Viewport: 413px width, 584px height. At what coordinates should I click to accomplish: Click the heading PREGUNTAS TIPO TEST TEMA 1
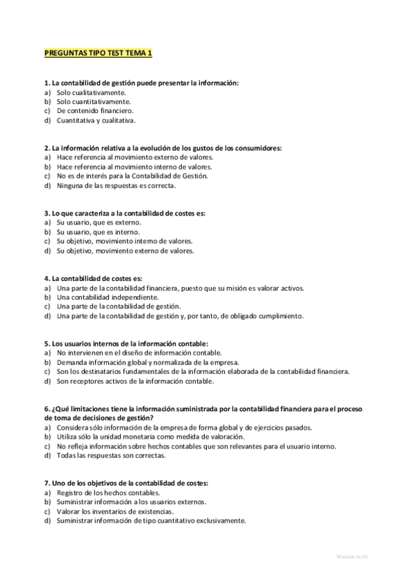tap(97, 52)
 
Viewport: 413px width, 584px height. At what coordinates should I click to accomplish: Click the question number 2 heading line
tap(163, 147)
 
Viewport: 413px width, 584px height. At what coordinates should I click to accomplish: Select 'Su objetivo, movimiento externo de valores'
tap(125, 251)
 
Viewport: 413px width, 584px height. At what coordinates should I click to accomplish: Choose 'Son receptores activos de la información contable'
tap(135, 381)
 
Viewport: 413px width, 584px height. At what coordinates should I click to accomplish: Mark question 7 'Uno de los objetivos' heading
tap(125, 483)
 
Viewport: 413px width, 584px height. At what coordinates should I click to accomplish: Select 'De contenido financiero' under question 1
tap(95, 111)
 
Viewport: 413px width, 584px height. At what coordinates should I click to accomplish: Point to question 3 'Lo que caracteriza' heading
tap(124, 213)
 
